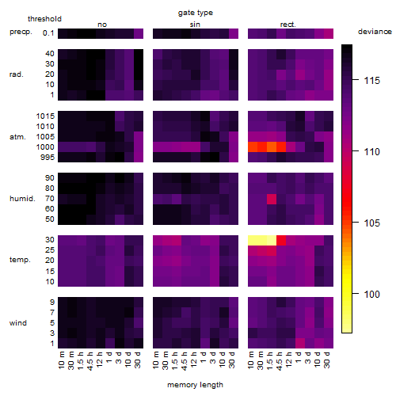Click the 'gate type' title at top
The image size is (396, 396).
point(196,13)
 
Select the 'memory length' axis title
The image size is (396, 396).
point(195,385)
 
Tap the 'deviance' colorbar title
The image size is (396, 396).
point(375,32)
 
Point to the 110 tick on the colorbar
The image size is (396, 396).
point(356,151)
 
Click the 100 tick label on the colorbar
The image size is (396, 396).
point(371,294)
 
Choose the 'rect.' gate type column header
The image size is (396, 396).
point(287,25)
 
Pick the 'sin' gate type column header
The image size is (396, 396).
point(195,25)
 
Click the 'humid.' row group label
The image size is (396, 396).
point(22,198)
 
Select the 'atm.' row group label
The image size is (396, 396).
point(17,137)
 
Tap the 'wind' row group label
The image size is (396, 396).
point(18,323)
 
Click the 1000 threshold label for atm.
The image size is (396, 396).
point(45,147)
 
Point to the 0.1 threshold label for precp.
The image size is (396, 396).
point(48,33)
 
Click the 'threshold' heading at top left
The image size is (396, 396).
point(44,19)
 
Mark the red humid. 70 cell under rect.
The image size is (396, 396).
point(272,199)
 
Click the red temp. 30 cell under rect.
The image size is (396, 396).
point(281,240)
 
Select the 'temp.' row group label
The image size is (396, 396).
point(20,260)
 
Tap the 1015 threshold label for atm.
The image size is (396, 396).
point(45,116)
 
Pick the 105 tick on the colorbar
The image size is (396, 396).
point(356,223)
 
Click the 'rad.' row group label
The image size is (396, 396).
point(17,74)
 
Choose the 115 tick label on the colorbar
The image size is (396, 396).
point(371,80)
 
